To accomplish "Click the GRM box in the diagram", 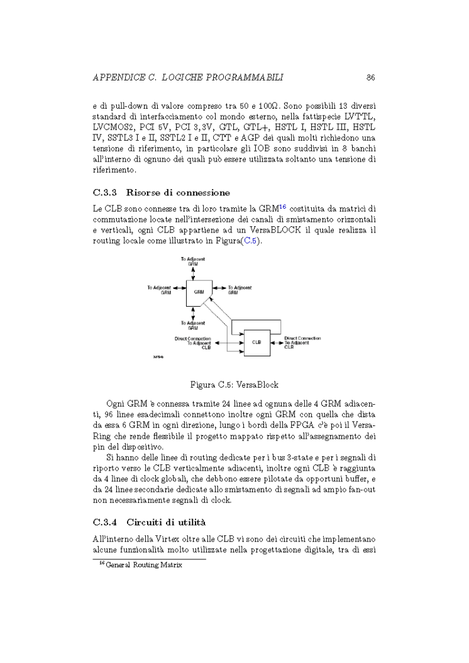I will tap(198, 292).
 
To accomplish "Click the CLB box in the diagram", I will tap(257, 342).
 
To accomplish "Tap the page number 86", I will tap(371, 78).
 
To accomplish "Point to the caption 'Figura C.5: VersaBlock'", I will tap(234, 383).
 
